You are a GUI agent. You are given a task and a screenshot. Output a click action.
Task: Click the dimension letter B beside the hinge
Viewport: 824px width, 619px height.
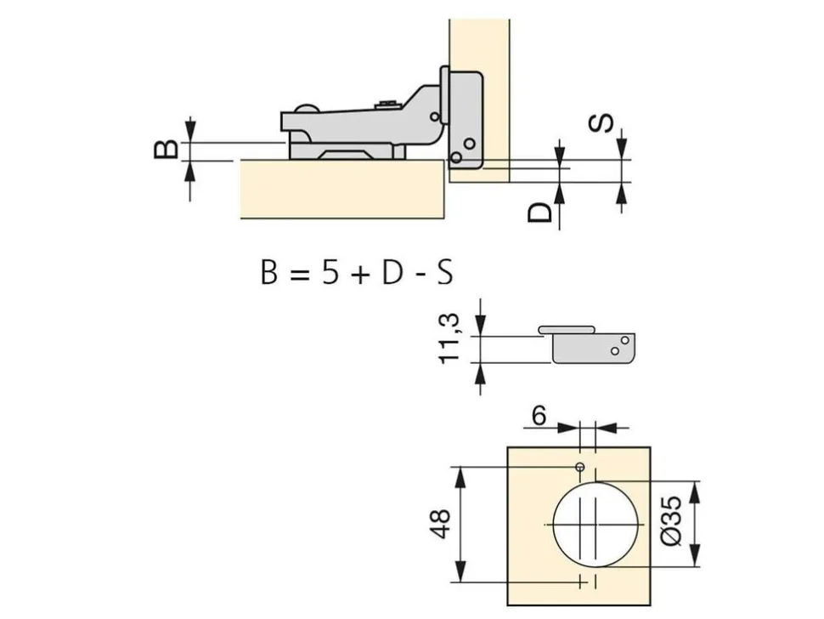point(166,150)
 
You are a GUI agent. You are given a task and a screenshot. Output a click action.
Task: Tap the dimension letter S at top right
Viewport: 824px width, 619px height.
point(600,123)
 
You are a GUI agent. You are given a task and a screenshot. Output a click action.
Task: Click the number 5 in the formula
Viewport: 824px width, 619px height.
point(330,273)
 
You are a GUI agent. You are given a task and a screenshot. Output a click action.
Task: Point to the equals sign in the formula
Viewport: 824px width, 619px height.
point(300,274)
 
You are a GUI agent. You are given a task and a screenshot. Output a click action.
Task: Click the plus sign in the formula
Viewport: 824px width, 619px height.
point(360,274)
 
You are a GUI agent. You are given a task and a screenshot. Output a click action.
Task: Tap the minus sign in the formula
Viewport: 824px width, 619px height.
point(420,275)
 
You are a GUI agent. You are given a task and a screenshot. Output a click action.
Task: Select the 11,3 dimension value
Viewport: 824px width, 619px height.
point(449,338)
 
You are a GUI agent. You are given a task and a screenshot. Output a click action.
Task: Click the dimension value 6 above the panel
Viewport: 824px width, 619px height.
point(539,417)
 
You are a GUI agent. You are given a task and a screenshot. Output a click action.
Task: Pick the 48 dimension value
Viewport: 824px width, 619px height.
point(440,523)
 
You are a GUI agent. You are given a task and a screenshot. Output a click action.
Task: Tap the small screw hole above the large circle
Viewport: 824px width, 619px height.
point(580,467)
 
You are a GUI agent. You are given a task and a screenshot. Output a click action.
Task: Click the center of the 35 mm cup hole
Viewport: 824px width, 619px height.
point(596,525)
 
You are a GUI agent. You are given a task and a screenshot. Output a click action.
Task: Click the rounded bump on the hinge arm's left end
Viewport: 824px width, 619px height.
point(306,109)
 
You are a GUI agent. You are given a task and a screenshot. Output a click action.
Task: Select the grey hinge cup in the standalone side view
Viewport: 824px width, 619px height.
point(594,348)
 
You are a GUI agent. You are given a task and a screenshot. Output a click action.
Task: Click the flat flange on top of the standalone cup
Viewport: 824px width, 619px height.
point(567,330)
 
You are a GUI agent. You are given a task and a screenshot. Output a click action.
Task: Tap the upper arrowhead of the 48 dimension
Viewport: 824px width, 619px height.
point(461,476)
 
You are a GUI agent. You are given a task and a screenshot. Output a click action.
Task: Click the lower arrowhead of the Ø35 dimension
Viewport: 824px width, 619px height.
point(695,556)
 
